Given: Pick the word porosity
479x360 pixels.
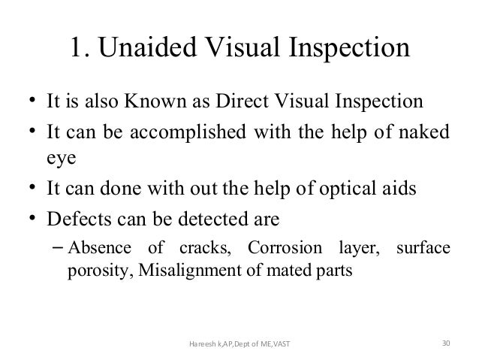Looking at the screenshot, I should tap(93, 272).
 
